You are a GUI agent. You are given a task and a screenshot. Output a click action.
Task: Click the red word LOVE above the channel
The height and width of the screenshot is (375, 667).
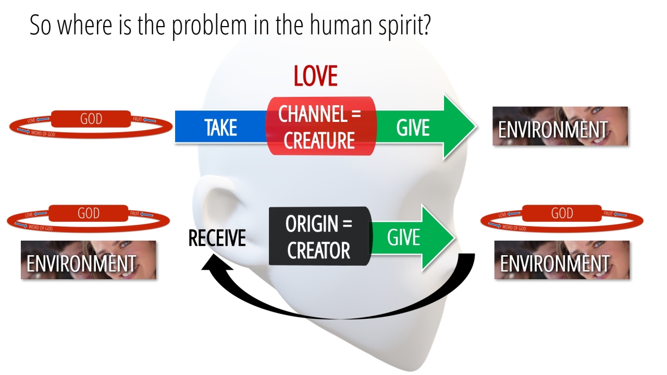point(315,76)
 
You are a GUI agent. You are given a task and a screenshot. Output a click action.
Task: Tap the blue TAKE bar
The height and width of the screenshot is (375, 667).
point(220,127)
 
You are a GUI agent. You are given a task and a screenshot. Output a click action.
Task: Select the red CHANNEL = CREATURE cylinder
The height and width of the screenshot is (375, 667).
point(319,126)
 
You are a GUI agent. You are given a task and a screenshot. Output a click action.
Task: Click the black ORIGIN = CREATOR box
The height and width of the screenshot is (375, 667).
point(319,236)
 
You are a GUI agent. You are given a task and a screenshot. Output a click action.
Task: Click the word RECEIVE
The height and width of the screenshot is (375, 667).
point(217,238)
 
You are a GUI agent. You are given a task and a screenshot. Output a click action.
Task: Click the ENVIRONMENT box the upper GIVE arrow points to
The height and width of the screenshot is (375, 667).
point(560,126)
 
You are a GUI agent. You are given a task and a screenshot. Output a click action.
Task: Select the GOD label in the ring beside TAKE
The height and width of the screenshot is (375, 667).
point(91,119)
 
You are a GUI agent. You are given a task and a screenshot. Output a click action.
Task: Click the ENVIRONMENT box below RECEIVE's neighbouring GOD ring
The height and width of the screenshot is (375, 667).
point(88,260)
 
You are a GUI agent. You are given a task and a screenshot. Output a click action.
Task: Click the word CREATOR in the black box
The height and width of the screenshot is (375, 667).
point(319,251)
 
